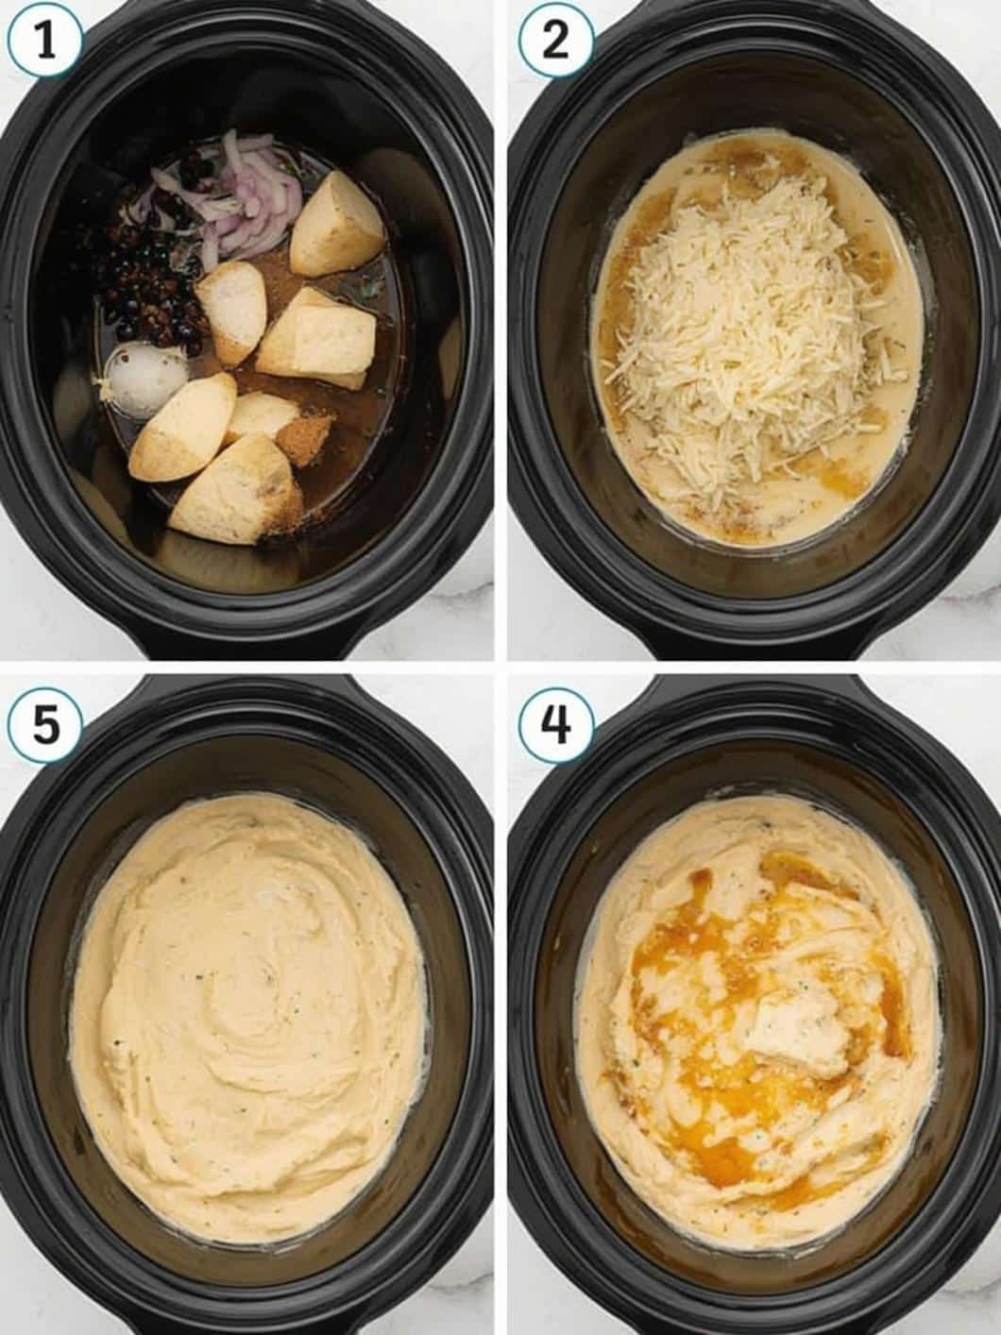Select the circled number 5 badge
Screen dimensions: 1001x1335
[44, 726]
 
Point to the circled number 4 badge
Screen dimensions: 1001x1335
[556, 726]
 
